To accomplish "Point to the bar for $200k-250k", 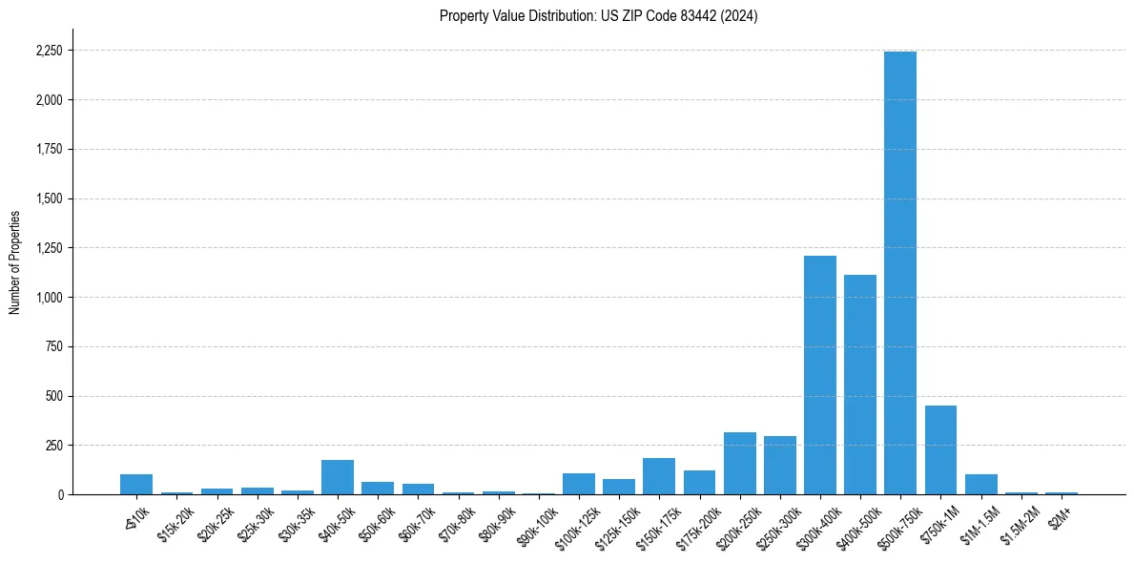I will (x=739, y=464).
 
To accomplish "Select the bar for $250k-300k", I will (x=779, y=466).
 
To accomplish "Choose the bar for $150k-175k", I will (x=659, y=476).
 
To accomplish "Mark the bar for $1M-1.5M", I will (x=980, y=485).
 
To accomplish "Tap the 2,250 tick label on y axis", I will (x=49, y=51).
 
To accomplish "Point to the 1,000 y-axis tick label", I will (x=49, y=298).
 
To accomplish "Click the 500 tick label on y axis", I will (x=54, y=396).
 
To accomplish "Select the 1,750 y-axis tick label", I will (x=49, y=150).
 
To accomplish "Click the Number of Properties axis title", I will (x=14, y=262).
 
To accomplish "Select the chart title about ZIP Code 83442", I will (x=598, y=16).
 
